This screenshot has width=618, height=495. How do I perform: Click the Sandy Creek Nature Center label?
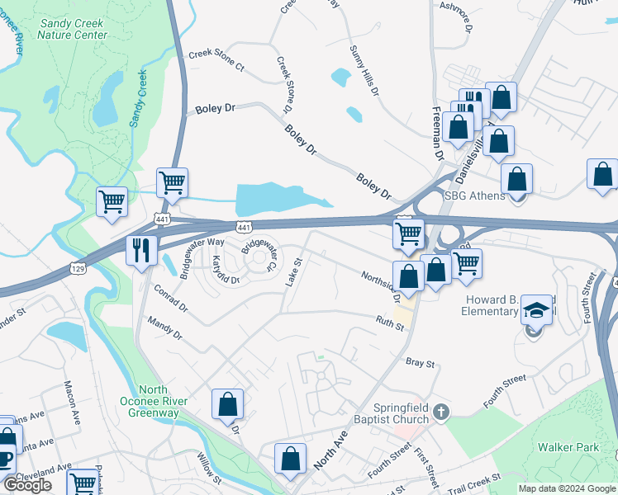click(x=74, y=29)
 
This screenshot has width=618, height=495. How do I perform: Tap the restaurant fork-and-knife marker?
click(x=141, y=250)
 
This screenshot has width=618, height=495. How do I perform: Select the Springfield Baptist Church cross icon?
click(x=442, y=410)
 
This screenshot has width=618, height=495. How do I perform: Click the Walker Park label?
click(x=567, y=448)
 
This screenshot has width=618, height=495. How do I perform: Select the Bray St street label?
click(x=420, y=362)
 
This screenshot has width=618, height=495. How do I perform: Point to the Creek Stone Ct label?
click(x=216, y=60)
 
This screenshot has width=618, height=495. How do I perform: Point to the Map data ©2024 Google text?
click(x=566, y=488)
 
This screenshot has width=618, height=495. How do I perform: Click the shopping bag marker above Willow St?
click(x=227, y=404)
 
